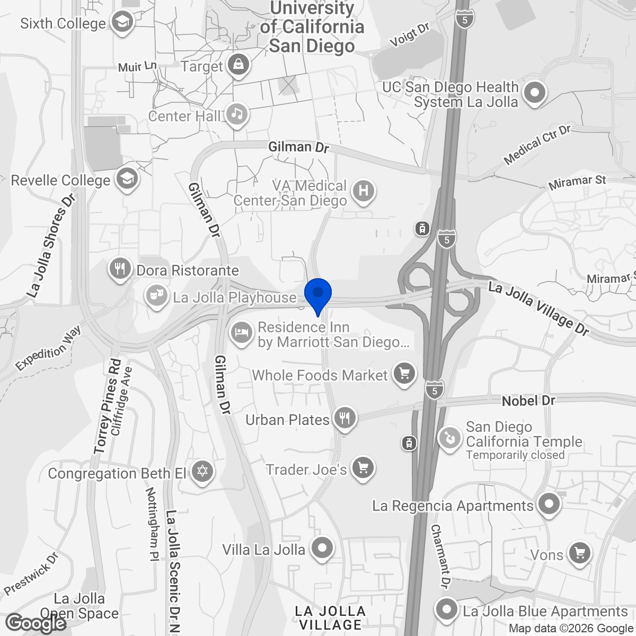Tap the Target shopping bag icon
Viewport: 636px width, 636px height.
(238, 66)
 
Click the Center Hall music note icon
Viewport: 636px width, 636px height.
(237, 114)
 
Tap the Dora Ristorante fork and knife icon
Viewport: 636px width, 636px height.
(121, 269)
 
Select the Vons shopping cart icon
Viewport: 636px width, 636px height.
(579, 554)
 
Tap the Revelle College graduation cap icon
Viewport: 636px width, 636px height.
(127, 179)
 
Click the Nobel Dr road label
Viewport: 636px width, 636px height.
(528, 401)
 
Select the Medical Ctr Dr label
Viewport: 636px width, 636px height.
(536, 145)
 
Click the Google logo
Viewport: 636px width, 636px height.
(36, 623)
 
